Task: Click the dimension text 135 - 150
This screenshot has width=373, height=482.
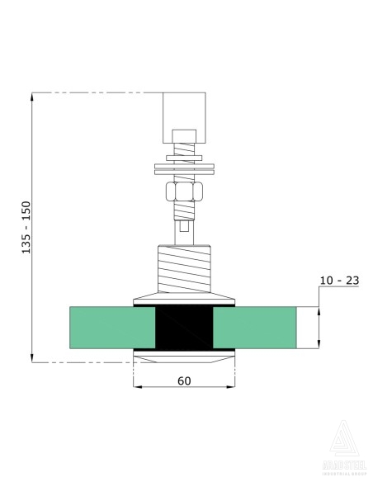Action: pos(26,226)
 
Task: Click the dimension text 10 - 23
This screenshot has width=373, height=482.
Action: pos(339,281)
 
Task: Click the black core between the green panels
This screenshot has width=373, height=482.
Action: pos(185,328)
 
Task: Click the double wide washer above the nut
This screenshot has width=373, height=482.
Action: pos(185,169)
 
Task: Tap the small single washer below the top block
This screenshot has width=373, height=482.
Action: pos(185,154)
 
